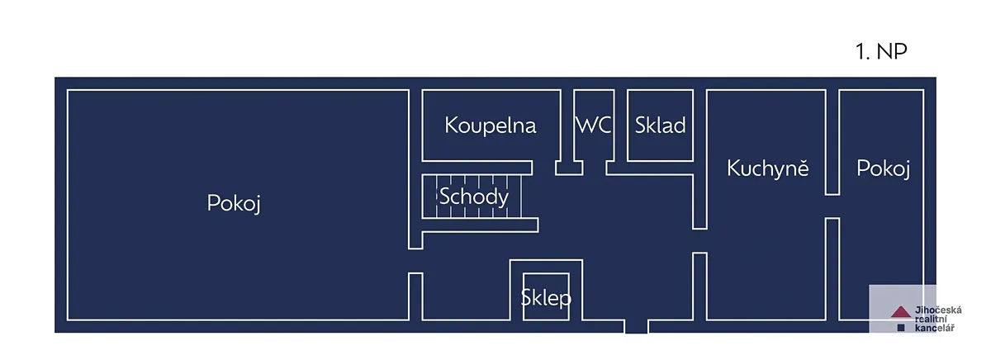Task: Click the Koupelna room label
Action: tap(491, 126)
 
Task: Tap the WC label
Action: tap(594, 126)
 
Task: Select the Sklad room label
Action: tap(660, 126)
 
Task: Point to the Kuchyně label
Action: tap(767, 168)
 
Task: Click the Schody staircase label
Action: tap(473, 197)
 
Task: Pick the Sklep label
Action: tap(546, 298)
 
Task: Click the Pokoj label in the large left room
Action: tap(234, 203)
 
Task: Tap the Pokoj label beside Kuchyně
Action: tap(883, 168)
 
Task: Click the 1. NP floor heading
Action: tap(881, 52)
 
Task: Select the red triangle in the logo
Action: tap(900, 312)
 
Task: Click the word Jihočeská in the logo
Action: tap(938, 310)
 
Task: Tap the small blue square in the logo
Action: tap(901, 328)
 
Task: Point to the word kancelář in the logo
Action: tap(934, 328)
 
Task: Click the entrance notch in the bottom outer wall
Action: tap(636, 326)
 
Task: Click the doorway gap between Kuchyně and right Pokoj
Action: tap(832, 206)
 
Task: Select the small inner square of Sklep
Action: tap(546, 296)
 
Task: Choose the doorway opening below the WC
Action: tap(594, 168)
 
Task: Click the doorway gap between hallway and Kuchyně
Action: tap(700, 240)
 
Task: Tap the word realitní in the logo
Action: tap(931, 320)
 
